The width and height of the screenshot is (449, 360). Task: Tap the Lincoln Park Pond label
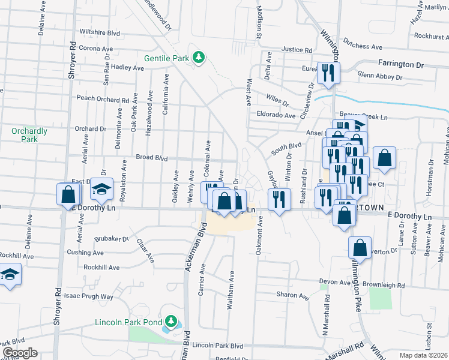tap(128, 322)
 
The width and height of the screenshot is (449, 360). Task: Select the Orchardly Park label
tap(25, 135)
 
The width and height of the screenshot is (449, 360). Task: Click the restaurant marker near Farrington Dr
tap(328, 73)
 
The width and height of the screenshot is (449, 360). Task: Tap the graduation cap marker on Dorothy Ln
tap(102, 190)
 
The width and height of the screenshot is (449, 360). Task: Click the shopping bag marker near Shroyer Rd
tap(68, 195)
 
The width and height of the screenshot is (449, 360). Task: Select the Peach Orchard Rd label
tap(103, 99)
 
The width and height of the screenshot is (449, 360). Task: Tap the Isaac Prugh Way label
tap(89, 296)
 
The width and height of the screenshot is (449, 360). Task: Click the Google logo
tap(19, 353)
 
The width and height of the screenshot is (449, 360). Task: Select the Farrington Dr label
tap(400, 64)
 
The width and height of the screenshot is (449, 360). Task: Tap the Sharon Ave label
tap(292, 295)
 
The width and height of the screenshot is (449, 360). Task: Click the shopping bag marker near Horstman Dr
tap(384, 158)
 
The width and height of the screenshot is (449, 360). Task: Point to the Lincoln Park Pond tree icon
tap(172, 322)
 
